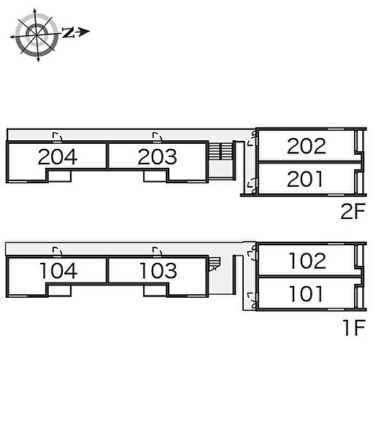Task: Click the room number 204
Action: coord(58,157)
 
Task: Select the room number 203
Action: coord(158,157)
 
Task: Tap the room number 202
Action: coord(307,146)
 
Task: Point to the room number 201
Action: coord(305,179)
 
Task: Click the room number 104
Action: coord(58,271)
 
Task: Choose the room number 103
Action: coord(158,271)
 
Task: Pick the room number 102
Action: coord(307,261)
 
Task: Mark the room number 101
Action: coord(306,294)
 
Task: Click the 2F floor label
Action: coord(353,212)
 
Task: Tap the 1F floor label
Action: coord(354,327)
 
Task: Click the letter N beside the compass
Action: coord(68,32)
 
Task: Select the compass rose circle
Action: coord(36,35)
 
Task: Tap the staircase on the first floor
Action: coord(214,264)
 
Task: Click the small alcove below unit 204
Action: coord(60,176)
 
